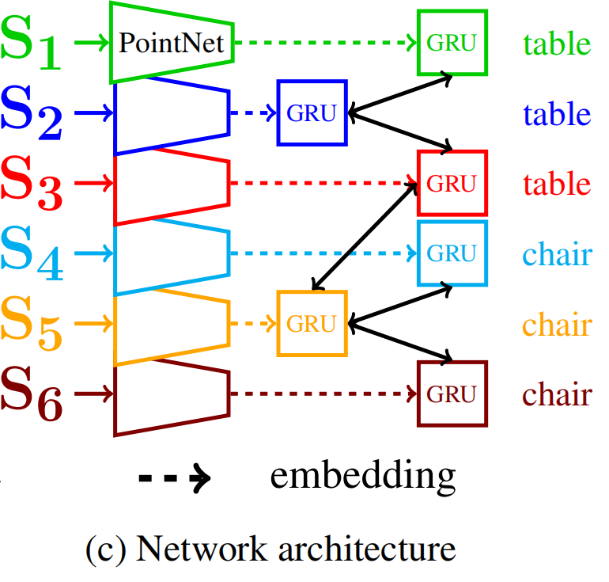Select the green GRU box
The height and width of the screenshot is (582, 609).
click(x=452, y=43)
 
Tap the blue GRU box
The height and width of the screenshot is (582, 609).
click(x=312, y=113)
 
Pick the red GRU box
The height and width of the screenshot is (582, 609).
click(x=452, y=183)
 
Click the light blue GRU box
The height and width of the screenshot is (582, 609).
click(x=452, y=253)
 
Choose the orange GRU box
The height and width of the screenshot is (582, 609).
click(x=312, y=323)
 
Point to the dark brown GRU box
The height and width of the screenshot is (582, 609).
click(x=452, y=394)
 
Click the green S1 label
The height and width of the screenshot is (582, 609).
click(x=32, y=44)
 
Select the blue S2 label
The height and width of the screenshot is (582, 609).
click(x=32, y=114)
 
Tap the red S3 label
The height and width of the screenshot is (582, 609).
click(x=32, y=184)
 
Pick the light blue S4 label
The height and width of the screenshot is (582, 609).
click(x=32, y=254)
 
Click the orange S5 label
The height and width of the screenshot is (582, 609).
click(x=32, y=324)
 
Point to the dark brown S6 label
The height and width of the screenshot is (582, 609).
click(x=32, y=394)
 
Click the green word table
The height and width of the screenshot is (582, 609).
click(x=556, y=44)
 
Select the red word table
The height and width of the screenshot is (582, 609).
click(x=556, y=184)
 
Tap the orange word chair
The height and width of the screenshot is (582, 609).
click(x=557, y=324)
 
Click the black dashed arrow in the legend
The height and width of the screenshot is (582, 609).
click(x=174, y=478)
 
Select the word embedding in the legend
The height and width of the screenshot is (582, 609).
click(x=363, y=477)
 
